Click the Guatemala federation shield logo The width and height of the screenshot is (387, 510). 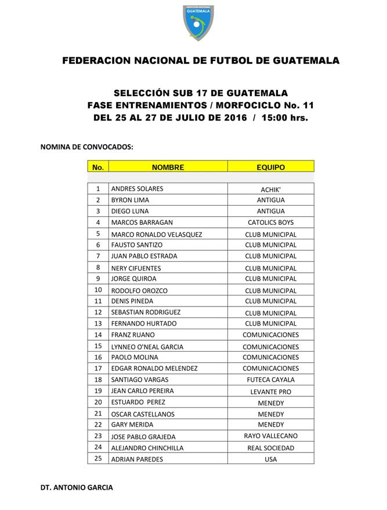tap(198, 22)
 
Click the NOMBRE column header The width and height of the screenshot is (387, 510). tap(168, 167)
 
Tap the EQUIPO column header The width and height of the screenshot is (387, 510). tap(270, 167)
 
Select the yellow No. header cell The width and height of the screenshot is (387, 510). tap(98, 167)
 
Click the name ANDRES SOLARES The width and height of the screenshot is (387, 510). tap(137, 189)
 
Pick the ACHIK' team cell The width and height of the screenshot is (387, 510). tap(270, 190)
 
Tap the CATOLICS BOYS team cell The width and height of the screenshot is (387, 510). tap(270, 223)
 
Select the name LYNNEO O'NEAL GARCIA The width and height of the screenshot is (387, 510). tap(147, 347)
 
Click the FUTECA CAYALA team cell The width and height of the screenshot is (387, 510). tap(270, 380)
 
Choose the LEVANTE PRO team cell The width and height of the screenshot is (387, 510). tap(270, 392)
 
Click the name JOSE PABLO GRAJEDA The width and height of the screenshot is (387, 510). tap(143, 436)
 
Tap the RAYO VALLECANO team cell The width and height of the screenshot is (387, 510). tap(270, 436)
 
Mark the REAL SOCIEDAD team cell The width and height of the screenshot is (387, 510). tap(270, 448)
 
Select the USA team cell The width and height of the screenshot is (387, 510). tap(270, 460)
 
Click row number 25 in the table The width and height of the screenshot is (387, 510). tap(98, 459)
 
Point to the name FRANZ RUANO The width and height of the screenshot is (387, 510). tap(132, 335)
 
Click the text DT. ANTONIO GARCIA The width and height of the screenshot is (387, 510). tap(77, 487)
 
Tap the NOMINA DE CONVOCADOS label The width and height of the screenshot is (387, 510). tap(86, 147)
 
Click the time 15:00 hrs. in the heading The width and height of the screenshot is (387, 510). tap(285, 118)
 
